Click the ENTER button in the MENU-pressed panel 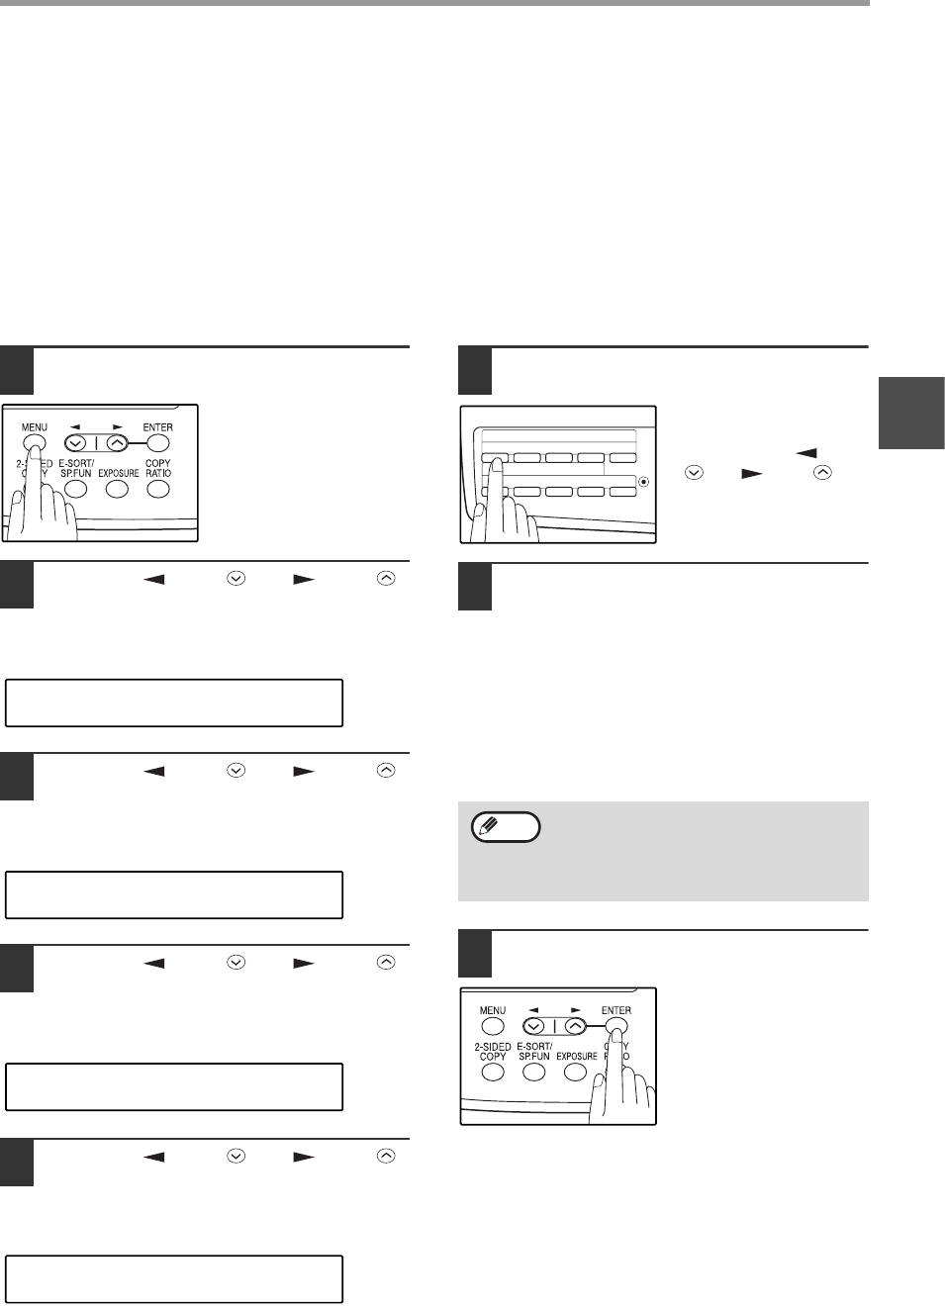[157, 443]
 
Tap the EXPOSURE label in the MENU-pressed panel [119, 473]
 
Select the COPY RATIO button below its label [158, 490]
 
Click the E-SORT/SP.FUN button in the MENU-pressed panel [75, 490]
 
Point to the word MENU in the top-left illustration [35, 427]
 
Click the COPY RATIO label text [158, 468]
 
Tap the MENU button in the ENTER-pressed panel [493, 1026]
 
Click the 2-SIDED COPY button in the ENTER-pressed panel [493, 1073]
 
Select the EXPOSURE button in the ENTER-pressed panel [575, 1073]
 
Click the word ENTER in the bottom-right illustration [616, 1010]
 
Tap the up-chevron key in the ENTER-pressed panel [575, 1026]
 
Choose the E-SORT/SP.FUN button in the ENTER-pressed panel [533, 1073]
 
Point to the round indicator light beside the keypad [643, 482]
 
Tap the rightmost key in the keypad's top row [622, 458]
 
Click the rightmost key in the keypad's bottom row [622, 492]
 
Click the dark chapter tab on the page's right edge [911, 413]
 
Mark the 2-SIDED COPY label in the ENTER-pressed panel [493, 1051]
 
